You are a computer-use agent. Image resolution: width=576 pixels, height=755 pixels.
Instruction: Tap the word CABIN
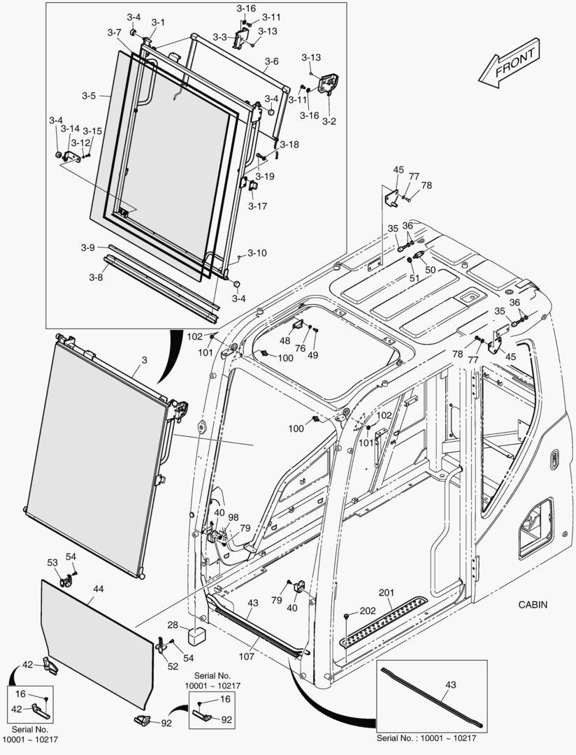[x=533, y=605]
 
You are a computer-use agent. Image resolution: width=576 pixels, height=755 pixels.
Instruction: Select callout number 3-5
[x=88, y=95]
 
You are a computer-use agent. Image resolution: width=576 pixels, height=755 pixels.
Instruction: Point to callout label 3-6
[x=271, y=62]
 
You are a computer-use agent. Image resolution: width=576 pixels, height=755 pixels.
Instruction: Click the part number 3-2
[x=329, y=121]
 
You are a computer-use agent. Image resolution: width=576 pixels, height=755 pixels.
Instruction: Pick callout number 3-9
[x=87, y=247]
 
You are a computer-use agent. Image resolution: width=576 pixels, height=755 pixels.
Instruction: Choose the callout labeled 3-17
[x=257, y=206]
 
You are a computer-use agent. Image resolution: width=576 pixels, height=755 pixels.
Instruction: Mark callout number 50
[x=430, y=269]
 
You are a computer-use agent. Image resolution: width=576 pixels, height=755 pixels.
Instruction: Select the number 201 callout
[x=387, y=593]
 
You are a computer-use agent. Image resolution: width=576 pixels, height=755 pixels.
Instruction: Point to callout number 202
[x=368, y=611]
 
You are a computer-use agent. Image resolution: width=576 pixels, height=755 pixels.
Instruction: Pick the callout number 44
[x=98, y=589]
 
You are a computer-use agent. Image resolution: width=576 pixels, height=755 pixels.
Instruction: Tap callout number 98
[x=233, y=517]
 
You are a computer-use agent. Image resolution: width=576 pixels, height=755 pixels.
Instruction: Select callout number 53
[x=52, y=562]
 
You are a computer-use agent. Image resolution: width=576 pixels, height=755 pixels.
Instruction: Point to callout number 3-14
[x=70, y=129]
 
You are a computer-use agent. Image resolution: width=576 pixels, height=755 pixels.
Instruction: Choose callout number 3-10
[x=257, y=252]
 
